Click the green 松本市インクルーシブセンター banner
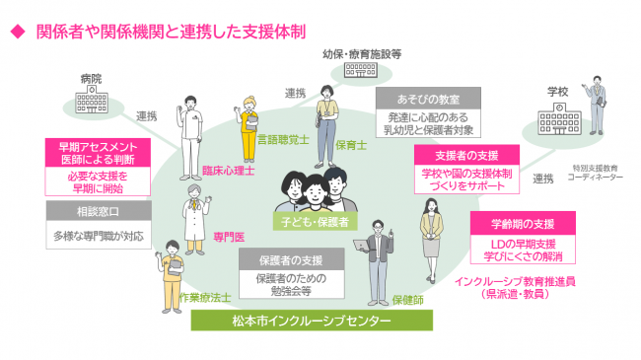point(320,321)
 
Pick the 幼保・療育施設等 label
point(362,55)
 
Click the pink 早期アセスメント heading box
point(97,152)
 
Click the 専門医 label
point(229,236)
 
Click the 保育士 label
point(351,144)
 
